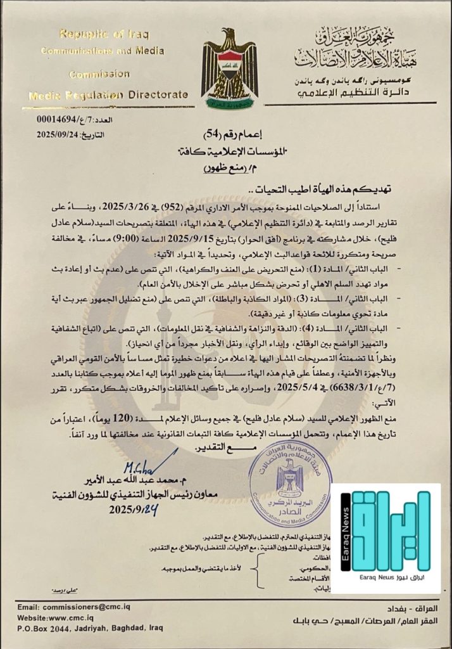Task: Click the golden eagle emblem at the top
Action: (229, 70)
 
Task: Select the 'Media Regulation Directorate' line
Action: (109, 95)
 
